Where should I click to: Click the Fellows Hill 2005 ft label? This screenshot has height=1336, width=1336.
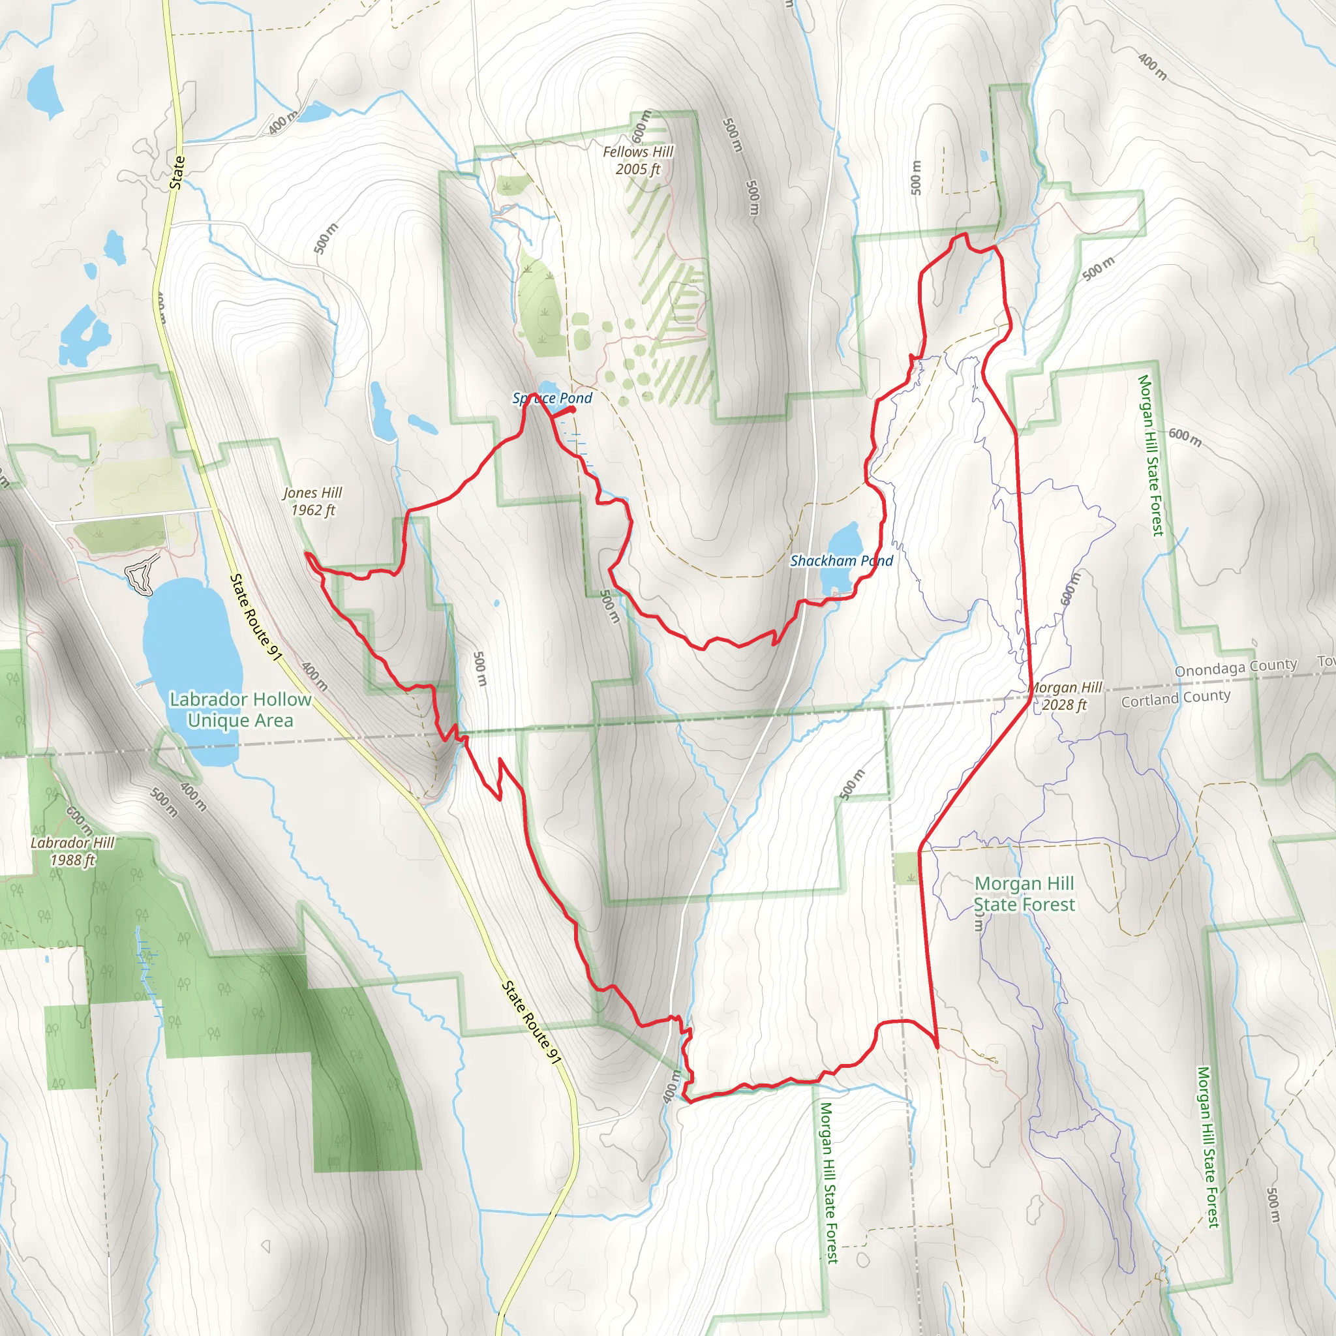[x=637, y=160]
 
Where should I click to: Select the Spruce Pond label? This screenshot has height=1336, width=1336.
[x=552, y=398]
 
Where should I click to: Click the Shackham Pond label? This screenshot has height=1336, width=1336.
[x=841, y=561]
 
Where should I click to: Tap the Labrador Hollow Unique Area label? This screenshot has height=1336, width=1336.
[x=240, y=710]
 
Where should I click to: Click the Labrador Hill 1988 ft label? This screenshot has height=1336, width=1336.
[x=72, y=851]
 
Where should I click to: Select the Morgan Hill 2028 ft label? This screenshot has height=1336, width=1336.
[x=1065, y=695]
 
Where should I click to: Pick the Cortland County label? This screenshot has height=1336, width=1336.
[x=1176, y=699]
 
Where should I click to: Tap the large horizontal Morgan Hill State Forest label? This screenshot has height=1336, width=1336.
[x=1024, y=894]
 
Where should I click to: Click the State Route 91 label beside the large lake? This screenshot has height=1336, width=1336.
[x=256, y=618]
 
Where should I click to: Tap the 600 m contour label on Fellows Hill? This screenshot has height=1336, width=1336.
[x=642, y=125]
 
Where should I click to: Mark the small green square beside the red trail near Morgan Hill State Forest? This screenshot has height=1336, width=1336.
[x=907, y=868]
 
